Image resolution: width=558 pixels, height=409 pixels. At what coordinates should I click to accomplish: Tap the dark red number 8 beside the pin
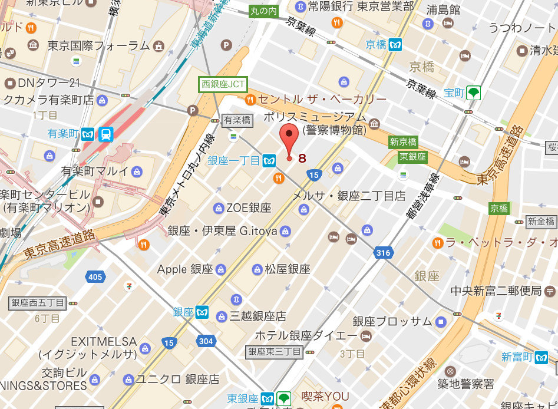[x=302, y=158]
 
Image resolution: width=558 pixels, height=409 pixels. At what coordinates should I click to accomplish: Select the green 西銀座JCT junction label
[x=223, y=84]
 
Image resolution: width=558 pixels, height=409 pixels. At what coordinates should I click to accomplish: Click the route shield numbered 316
[x=382, y=253]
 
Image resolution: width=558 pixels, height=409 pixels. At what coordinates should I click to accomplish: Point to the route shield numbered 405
[x=94, y=276]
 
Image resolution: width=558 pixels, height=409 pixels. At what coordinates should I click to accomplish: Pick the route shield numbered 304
[x=206, y=341]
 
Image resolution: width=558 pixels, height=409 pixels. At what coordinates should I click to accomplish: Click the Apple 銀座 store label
[x=184, y=269]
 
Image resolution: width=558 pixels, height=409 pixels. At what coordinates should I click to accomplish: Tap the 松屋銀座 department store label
[x=287, y=269]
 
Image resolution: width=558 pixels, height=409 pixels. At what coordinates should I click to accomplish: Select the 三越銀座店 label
[x=258, y=316]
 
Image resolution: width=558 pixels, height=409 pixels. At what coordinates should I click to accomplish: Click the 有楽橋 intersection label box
[x=237, y=120]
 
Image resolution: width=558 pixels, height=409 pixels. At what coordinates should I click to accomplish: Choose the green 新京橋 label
[x=403, y=141]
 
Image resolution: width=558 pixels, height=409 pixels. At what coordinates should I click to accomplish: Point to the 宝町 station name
[x=454, y=93]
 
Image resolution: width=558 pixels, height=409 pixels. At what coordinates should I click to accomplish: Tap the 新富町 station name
[x=517, y=357]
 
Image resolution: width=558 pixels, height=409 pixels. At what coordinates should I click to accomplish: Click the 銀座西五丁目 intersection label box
[x=38, y=303]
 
